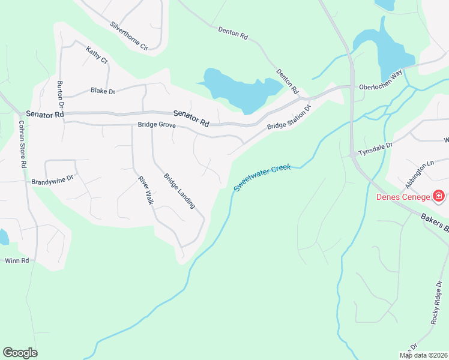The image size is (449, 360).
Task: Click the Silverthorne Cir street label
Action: point(128,35)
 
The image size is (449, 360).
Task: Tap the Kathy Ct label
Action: point(96,55)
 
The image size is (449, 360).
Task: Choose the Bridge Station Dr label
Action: point(289,118)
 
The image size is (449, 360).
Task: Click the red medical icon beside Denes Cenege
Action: point(439,196)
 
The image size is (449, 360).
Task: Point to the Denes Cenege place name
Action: point(403,197)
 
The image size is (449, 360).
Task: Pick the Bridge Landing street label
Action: point(179,191)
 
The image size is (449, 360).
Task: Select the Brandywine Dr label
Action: point(52,179)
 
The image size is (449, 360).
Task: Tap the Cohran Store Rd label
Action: point(22,144)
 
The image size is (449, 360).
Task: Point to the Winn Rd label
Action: point(17,260)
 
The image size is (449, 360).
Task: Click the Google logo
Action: point(20,353)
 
